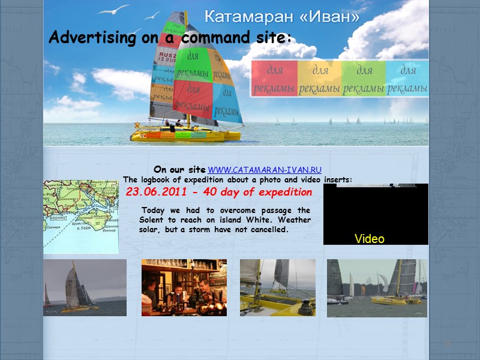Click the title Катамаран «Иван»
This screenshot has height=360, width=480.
(x=282, y=17)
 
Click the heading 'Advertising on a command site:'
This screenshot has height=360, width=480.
(x=170, y=38)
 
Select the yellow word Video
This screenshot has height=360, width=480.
(x=369, y=239)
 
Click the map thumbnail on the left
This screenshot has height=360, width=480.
(x=80, y=217)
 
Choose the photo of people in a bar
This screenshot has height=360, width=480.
(x=184, y=287)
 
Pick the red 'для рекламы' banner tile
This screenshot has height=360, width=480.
(x=275, y=79)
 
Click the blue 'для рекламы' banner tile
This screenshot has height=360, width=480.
(x=407, y=79)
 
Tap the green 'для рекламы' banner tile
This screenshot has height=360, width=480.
(x=364, y=79)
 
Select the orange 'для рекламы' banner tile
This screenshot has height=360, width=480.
(x=319, y=79)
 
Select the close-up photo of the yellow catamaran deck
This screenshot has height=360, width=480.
(x=277, y=287)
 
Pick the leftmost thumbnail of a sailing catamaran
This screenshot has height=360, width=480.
(x=85, y=287)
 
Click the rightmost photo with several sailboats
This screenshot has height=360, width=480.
(x=377, y=288)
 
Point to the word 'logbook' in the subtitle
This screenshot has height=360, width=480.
(x=154, y=179)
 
